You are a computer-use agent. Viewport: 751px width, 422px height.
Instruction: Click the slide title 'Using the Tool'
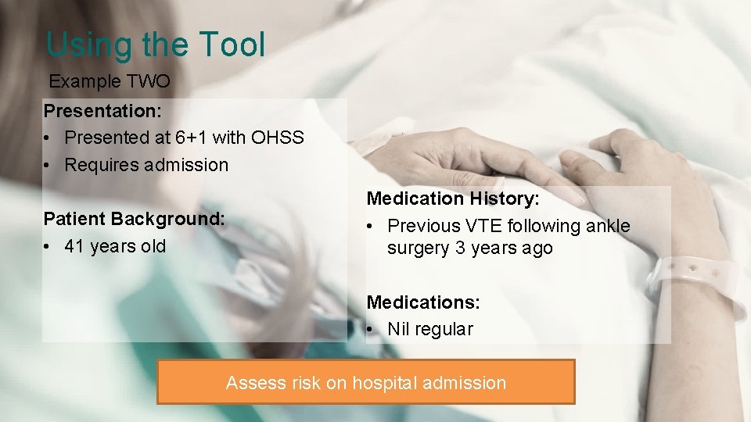156,45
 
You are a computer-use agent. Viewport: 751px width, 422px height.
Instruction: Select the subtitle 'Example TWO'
110,81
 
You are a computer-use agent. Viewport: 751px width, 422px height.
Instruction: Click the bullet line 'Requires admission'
146,165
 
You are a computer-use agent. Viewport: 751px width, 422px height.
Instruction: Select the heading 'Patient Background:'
134,219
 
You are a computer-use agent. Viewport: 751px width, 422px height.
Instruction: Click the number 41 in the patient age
74,246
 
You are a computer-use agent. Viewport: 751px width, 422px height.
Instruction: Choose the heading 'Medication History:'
453,199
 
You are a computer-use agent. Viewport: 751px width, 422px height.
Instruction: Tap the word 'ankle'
607,226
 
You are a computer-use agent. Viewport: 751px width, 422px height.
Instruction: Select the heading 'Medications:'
423,302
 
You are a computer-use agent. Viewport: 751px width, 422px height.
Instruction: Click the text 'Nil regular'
430,329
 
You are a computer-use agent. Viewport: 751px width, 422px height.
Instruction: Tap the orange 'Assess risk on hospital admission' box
366,382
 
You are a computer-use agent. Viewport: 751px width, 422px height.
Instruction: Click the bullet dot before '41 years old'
48,247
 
